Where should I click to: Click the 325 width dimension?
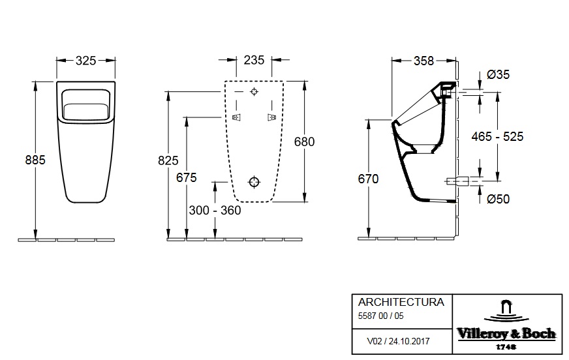86,61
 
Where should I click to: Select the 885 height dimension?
35,159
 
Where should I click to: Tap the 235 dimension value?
254,61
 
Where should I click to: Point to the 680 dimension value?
305,142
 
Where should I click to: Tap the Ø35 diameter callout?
499,74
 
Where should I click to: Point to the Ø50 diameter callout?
499,199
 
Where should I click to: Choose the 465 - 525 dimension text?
498,136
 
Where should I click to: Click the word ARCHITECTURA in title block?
401,302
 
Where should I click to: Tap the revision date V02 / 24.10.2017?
397,340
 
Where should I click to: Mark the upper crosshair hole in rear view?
254,91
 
